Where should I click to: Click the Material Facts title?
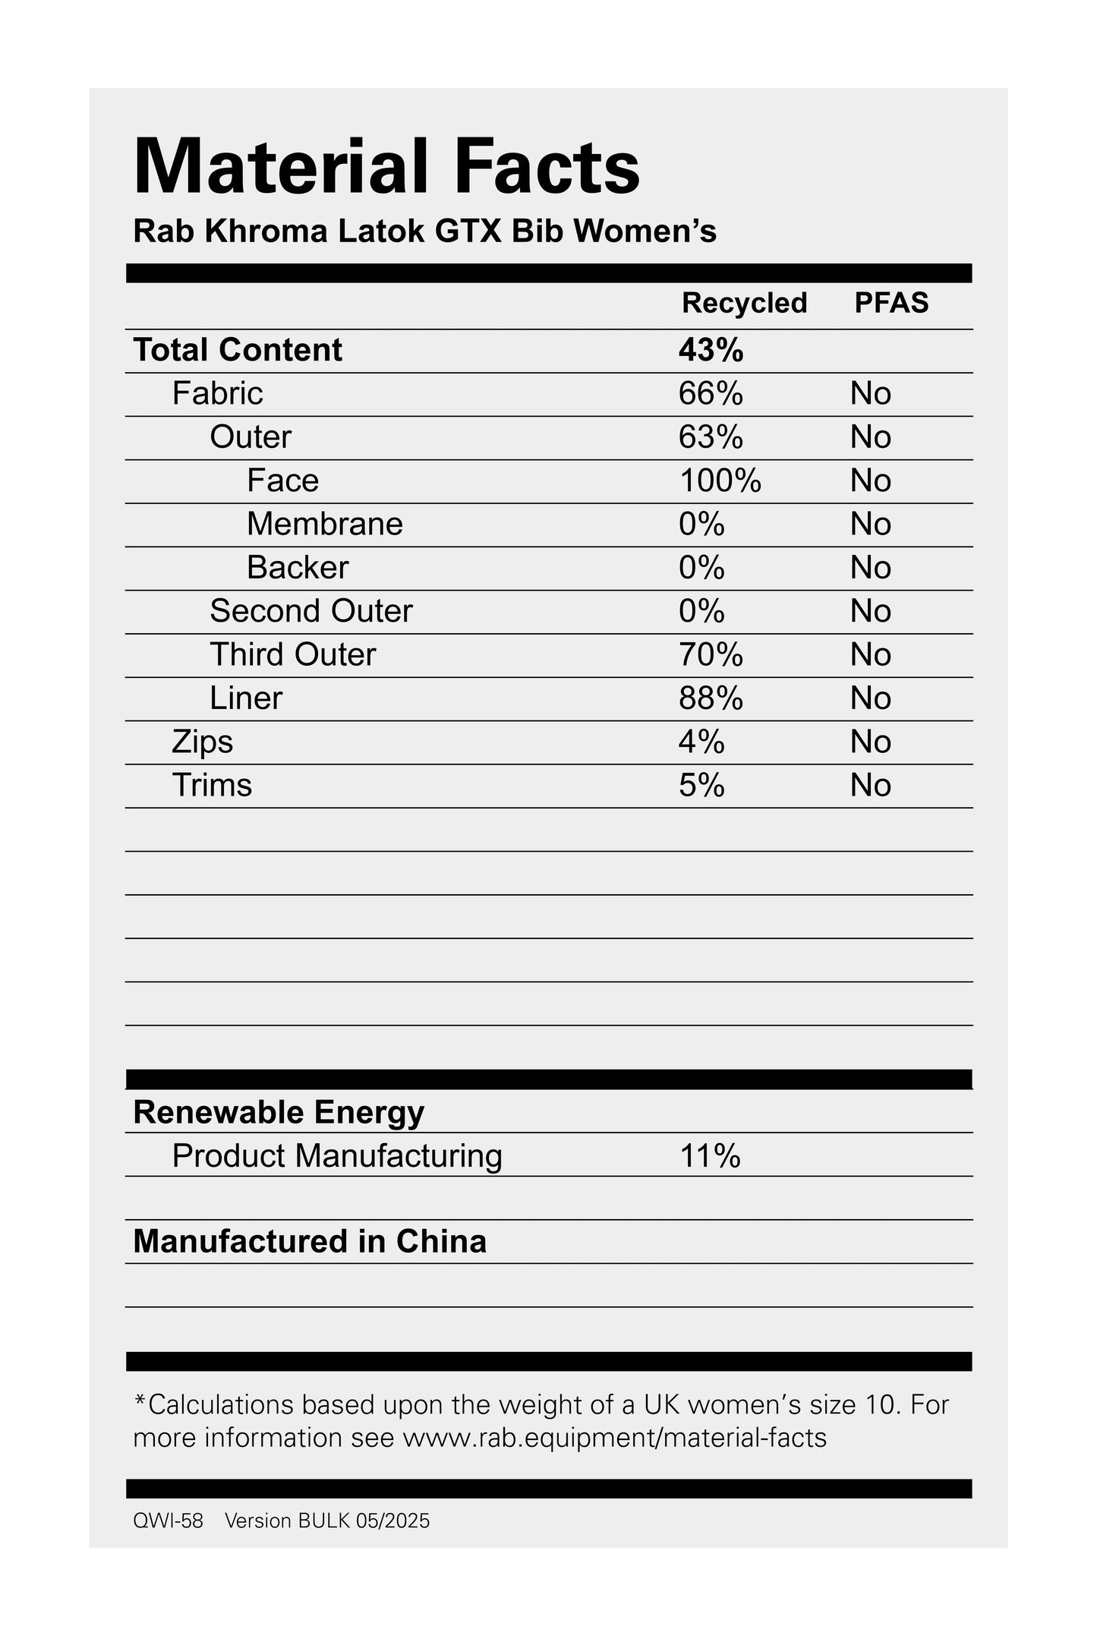click(x=386, y=167)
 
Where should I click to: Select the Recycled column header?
click(x=744, y=303)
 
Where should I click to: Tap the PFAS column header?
click(x=891, y=303)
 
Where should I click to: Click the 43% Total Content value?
click(x=711, y=350)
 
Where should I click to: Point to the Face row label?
click(x=282, y=481)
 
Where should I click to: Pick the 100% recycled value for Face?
click(x=720, y=481)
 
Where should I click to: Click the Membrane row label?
click(x=324, y=524)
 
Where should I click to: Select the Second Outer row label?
click(x=311, y=611)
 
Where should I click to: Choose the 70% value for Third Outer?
click(x=711, y=654)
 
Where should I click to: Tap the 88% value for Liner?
click(x=711, y=698)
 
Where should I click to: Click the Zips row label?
click(x=202, y=742)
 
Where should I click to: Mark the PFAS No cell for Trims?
click(x=870, y=785)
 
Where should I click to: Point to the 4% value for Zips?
click(x=701, y=742)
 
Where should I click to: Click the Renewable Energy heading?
click(x=279, y=1112)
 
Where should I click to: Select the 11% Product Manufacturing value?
click(x=710, y=1156)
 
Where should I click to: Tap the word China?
click(x=441, y=1242)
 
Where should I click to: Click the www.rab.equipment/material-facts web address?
click(x=614, y=1438)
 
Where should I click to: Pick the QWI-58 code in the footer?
click(x=168, y=1521)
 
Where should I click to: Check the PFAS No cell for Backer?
click(x=870, y=568)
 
